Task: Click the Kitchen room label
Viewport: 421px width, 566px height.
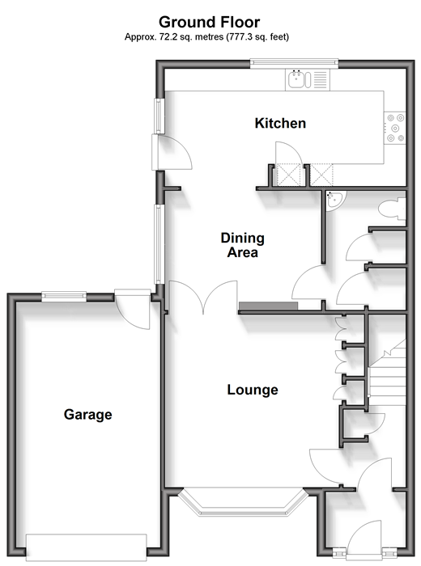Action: (280, 123)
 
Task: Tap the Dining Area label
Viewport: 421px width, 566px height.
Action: (243, 245)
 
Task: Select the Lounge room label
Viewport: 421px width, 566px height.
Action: (253, 390)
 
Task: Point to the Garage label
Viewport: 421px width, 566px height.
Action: (87, 414)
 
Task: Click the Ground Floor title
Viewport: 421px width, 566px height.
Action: (209, 22)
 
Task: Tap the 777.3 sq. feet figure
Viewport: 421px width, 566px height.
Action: (257, 36)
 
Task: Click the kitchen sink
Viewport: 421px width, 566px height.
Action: (299, 79)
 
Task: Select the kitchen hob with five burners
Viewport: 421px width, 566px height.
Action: (395, 128)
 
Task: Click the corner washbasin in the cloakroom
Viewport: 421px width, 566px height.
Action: (334, 199)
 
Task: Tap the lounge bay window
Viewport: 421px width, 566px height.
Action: (243, 502)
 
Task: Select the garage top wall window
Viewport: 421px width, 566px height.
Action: (64, 297)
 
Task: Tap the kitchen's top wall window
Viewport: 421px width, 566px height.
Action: (294, 64)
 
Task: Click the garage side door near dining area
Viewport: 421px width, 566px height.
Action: (133, 309)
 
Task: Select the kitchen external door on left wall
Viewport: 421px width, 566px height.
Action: (172, 152)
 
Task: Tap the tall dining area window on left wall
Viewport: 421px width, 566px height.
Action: (159, 244)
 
